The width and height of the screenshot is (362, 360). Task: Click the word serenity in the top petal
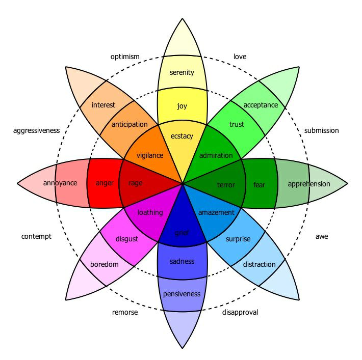(x=182, y=72)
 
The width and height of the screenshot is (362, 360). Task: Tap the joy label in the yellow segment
(x=182, y=106)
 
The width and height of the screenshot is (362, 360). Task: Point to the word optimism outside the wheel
(x=125, y=57)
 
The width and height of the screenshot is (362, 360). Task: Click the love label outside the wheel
(x=240, y=57)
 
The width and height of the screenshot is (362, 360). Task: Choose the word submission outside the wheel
(x=321, y=130)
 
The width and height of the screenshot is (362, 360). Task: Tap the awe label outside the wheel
(x=322, y=236)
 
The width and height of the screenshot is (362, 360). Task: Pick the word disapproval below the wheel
(x=240, y=312)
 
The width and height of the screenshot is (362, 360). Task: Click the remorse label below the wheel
(x=125, y=312)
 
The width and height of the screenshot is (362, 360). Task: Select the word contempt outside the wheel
(x=36, y=236)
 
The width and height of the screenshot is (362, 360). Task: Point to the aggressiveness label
(x=36, y=130)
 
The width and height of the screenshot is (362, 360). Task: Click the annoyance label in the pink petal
(x=60, y=183)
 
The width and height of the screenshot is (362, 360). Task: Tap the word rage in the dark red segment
(x=135, y=183)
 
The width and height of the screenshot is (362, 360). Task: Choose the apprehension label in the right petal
(x=308, y=184)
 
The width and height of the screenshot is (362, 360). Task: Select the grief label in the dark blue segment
(x=182, y=233)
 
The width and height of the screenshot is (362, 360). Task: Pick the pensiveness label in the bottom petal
(x=182, y=294)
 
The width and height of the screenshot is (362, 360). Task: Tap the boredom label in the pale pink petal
(x=105, y=264)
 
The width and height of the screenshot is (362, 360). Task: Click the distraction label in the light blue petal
(x=259, y=264)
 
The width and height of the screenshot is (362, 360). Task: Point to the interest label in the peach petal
(x=104, y=105)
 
